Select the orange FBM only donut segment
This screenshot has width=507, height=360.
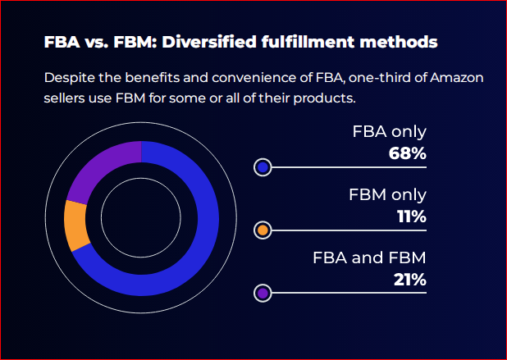pos(76,225)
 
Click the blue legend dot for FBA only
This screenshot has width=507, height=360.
pos(263,167)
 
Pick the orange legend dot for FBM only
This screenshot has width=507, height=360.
pos(263,230)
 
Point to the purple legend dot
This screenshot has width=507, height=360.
pos(263,293)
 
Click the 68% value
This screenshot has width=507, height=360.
pos(407,153)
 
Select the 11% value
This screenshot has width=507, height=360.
pos(409,216)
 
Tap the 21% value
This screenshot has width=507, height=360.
pos(409,279)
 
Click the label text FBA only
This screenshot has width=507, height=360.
pos(389,132)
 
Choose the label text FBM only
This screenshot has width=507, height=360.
pos(387,195)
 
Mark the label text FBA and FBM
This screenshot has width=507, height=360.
pos(369,257)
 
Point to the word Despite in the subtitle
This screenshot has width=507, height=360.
pos(70,79)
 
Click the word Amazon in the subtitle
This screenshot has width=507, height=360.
pos(455,79)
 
